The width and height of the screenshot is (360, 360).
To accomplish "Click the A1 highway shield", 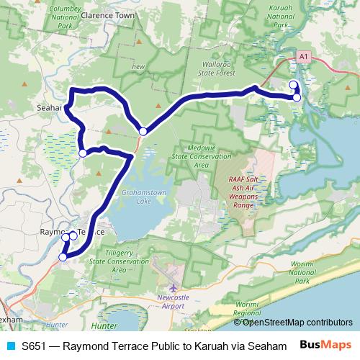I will [x=302, y=55].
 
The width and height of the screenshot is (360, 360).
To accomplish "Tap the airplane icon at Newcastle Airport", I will [x=173, y=289].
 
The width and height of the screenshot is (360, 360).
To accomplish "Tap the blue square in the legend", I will [x=10, y=346].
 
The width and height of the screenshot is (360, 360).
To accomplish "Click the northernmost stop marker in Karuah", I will [x=293, y=86].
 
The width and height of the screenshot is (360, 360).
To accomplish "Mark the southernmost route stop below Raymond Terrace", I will [x=63, y=256].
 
